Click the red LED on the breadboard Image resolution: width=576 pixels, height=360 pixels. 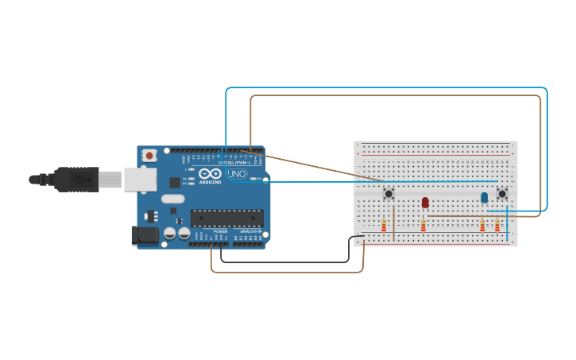425,203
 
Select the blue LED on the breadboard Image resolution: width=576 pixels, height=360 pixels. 484,197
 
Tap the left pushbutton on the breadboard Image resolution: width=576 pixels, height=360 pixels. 389,193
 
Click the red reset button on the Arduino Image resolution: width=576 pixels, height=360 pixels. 149,156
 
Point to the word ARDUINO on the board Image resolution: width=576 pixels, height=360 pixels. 210,182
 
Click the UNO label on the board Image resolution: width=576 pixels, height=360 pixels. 237,174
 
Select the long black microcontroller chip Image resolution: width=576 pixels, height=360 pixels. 226,218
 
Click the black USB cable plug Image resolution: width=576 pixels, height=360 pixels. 76,180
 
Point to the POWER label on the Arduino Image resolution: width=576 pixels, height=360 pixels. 220,231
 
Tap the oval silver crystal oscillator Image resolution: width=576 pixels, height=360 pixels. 172,199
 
